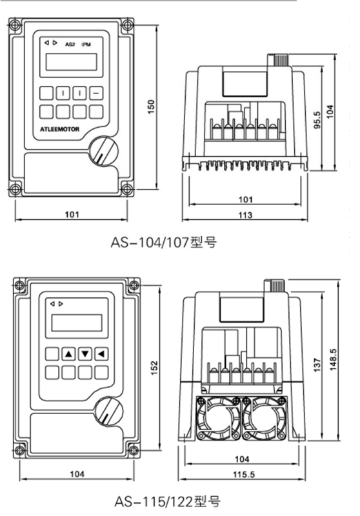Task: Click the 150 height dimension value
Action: point(151,106)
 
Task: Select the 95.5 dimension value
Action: point(317,120)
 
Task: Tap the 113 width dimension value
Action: point(245,215)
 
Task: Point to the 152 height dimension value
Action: point(155,368)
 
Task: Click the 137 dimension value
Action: point(317,365)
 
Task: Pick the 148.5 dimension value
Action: point(334,360)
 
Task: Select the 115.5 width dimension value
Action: point(244,474)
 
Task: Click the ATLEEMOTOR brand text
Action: point(59,129)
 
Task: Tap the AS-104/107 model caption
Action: point(163,243)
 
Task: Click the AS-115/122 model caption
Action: point(168,502)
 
